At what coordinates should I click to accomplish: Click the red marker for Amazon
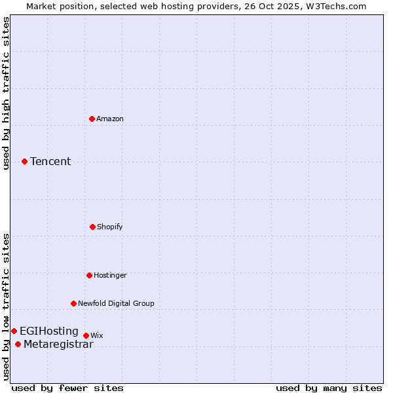pyautogui.click(x=92, y=119)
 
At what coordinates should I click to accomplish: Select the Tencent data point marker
pyautogui.click(x=25, y=161)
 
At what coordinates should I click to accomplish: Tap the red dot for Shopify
pyautogui.click(x=93, y=227)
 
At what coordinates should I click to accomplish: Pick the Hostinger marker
pyautogui.click(x=90, y=275)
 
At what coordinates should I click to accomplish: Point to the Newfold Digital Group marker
pyautogui.click(x=74, y=303)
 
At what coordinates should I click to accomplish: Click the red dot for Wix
pyautogui.click(x=86, y=335)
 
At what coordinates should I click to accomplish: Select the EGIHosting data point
pyautogui.click(x=14, y=331)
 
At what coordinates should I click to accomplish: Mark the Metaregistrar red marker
pyautogui.click(x=18, y=345)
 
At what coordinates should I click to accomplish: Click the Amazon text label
pyautogui.click(x=110, y=119)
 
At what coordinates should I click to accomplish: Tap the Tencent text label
pyautogui.click(x=50, y=161)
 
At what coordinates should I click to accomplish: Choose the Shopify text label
pyautogui.click(x=110, y=227)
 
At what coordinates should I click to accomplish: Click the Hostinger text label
pyautogui.click(x=110, y=275)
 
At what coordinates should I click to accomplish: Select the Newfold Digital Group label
pyautogui.click(x=116, y=303)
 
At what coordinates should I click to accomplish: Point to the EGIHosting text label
pyautogui.click(x=49, y=331)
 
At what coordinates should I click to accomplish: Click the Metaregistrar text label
pyautogui.click(x=58, y=345)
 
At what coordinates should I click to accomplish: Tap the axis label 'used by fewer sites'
pyautogui.click(x=67, y=388)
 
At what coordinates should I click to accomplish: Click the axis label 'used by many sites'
pyautogui.click(x=329, y=388)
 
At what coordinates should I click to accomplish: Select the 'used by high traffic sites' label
pyautogui.click(x=6, y=93)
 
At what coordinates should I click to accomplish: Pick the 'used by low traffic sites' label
pyautogui.click(x=6, y=307)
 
